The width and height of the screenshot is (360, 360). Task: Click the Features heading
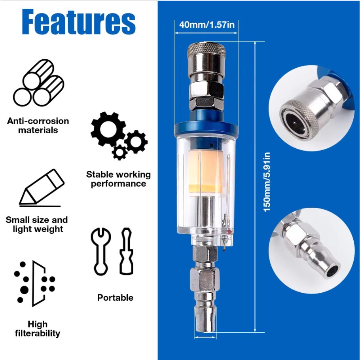(x=79, y=22)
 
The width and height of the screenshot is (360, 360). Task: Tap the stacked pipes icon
(x=39, y=83)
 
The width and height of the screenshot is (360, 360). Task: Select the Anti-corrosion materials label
(x=38, y=125)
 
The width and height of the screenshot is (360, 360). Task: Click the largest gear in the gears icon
(x=108, y=129)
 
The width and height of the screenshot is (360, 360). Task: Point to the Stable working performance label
(x=118, y=179)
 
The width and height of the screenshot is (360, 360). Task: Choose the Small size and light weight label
(x=37, y=224)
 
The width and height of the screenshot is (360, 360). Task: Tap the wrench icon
(x=101, y=251)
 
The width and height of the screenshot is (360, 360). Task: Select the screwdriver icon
(x=126, y=251)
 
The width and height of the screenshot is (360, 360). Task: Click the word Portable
(x=115, y=297)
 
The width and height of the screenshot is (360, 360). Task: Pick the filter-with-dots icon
(x=34, y=284)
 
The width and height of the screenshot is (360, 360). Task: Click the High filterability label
(x=38, y=328)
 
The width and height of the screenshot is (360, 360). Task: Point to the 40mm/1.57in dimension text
(x=207, y=25)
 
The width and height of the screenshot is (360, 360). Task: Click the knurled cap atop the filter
(x=206, y=49)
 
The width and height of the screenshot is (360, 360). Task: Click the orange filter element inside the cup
(x=205, y=171)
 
